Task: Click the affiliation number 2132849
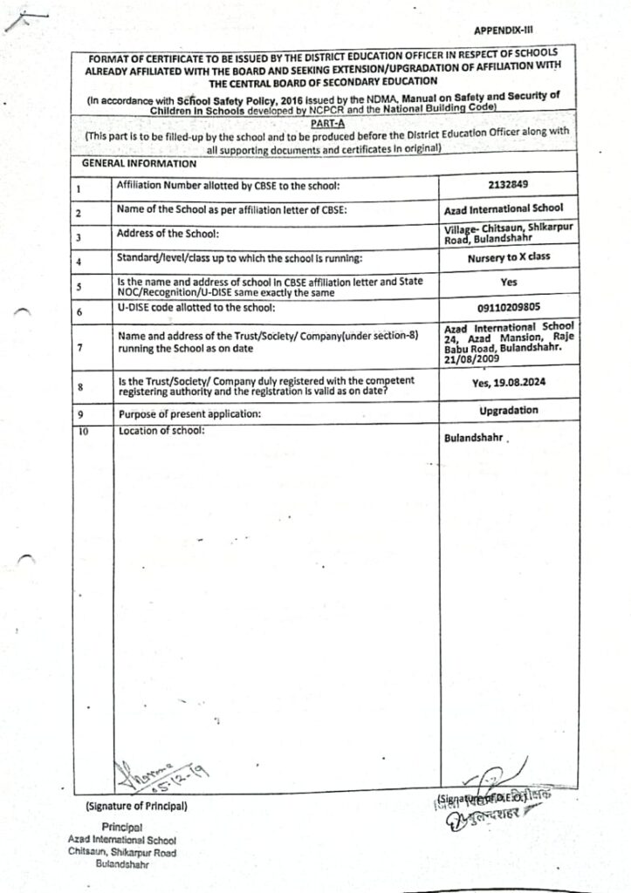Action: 509,186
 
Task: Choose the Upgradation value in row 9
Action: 509,410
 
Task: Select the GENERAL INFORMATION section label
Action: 139,163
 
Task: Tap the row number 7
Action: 79,347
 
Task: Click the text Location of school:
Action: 161,431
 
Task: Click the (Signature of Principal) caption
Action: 136,806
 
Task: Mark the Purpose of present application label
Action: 189,414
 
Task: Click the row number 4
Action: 79,262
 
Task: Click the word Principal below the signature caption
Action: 122,826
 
